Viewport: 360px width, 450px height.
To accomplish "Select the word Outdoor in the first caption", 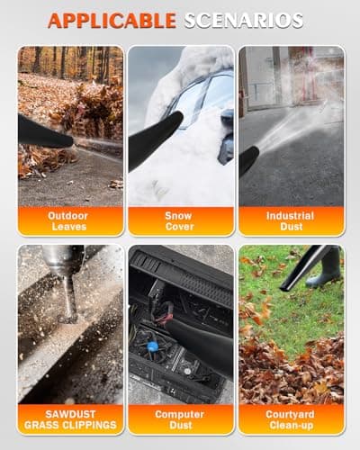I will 70,216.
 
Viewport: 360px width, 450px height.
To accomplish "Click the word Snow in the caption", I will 179,216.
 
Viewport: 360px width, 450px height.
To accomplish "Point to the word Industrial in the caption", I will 290,216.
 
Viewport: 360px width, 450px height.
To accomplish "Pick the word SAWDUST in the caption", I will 70,413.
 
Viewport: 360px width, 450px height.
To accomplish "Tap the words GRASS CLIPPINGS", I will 70,424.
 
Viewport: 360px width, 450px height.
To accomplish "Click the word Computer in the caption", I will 179,413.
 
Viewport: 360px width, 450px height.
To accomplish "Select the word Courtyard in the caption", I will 290,413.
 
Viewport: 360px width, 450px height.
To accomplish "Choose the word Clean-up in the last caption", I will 290,424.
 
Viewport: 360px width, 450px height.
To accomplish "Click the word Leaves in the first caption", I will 70,227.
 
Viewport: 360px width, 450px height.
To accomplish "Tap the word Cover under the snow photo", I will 179,227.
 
